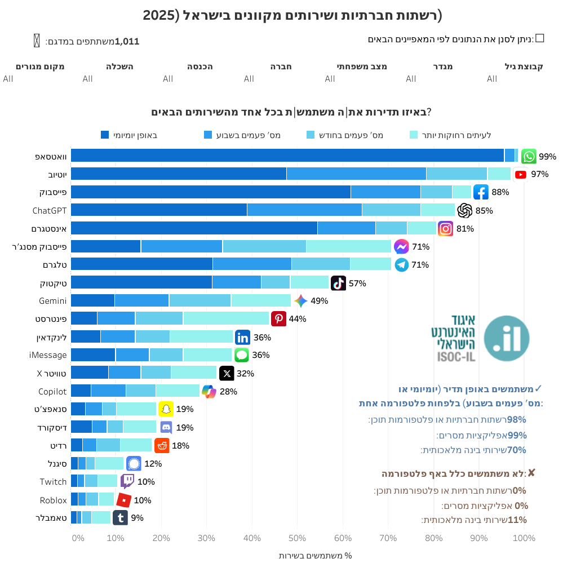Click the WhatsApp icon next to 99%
click(529, 156)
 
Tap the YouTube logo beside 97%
click(521, 175)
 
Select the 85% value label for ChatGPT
click(484, 211)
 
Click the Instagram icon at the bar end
click(446, 229)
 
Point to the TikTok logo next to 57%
click(338, 283)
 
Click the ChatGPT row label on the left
click(50, 211)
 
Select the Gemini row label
click(53, 301)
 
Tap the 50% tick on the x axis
click(298, 538)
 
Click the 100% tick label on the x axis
click(524, 538)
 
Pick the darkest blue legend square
click(105, 135)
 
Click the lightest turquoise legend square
click(413, 135)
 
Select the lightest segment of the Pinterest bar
click(226, 318)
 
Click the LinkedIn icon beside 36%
click(242, 338)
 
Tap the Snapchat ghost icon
click(166, 409)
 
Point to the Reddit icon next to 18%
click(162, 445)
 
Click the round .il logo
click(507, 339)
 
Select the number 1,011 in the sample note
click(127, 41)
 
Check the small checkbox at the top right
click(539, 38)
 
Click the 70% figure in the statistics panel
click(517, 450)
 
